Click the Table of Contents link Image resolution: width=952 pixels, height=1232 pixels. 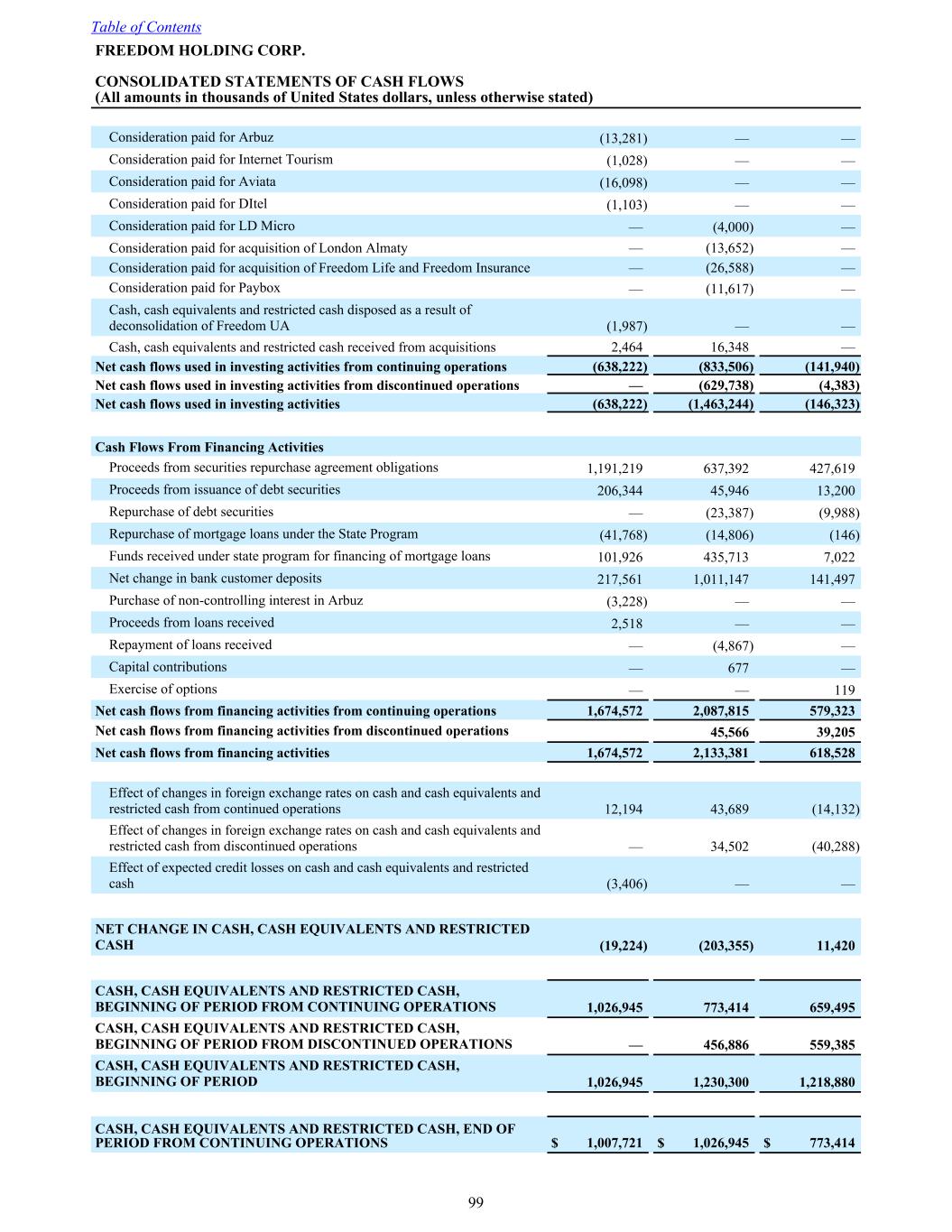click(x=146, y=27)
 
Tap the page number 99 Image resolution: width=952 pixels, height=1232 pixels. click(x=476, y=1202)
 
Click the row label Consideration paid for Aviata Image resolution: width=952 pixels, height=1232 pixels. click(x=192, y=181)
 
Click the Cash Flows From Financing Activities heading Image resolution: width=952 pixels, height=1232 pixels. click(x=209, y=448)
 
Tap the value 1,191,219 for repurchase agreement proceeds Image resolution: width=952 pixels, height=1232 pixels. click(x=615, y=468)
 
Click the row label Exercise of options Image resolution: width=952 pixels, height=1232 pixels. click(x=162, y=690)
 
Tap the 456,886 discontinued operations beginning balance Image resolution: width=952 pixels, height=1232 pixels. click(x=726, y=1045)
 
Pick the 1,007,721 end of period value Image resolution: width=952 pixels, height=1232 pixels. click(x=615, y=1144)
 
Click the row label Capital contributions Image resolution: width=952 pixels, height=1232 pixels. click(x=168, y=667)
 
